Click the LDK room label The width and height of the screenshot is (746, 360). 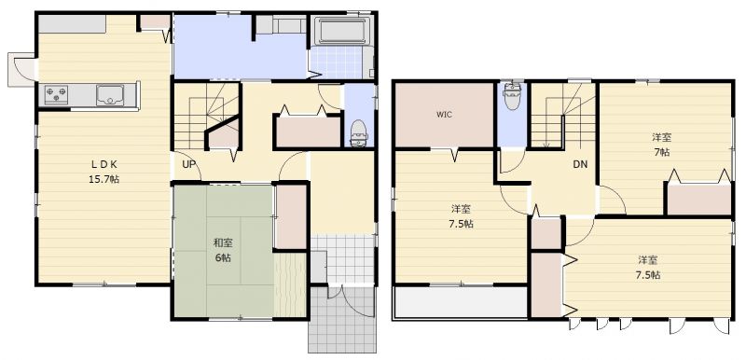point(104,165)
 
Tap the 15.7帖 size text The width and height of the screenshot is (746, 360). point(104,179)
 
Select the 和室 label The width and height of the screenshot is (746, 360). point(222,243)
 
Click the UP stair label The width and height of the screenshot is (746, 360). point(189,164)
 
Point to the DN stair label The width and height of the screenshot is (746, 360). point(580,164)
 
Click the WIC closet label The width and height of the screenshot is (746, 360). point(445,115)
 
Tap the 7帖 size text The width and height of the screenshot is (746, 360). point(662,152)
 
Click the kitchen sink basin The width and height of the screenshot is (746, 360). point(110,94)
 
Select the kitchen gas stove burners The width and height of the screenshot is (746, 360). point(56,94)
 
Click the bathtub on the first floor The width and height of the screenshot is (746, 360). point(341,32)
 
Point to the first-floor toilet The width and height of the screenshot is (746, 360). point(359,133)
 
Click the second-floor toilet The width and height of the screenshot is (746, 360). point(512,96)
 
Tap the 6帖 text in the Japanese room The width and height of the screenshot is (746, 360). point(222,257)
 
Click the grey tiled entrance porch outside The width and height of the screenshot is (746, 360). point(342,320)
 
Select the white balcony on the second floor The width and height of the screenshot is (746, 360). point(460,302)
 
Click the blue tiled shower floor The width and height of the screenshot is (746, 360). point(336,62)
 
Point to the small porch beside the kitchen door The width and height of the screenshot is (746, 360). point(21,69)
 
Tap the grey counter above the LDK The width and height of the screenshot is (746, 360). point(72,23)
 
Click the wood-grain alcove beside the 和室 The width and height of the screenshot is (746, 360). point(290,284)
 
